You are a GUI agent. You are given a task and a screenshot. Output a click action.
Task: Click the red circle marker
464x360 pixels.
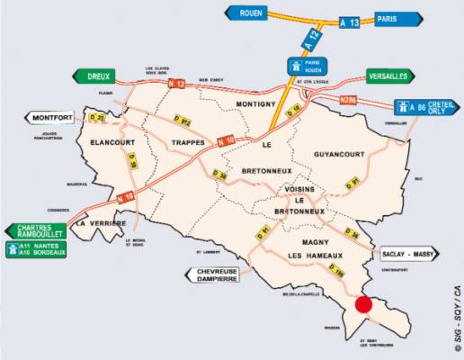[363, 304]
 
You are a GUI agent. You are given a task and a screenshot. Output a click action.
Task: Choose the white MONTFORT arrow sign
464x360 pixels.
[51, 118]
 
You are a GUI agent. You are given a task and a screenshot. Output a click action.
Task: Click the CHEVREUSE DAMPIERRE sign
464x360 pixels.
[216, 275]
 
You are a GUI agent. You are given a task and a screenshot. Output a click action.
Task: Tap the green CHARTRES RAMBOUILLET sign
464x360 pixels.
[36, 231]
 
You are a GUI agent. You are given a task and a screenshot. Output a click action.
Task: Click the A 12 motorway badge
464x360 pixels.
[309, 40]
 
